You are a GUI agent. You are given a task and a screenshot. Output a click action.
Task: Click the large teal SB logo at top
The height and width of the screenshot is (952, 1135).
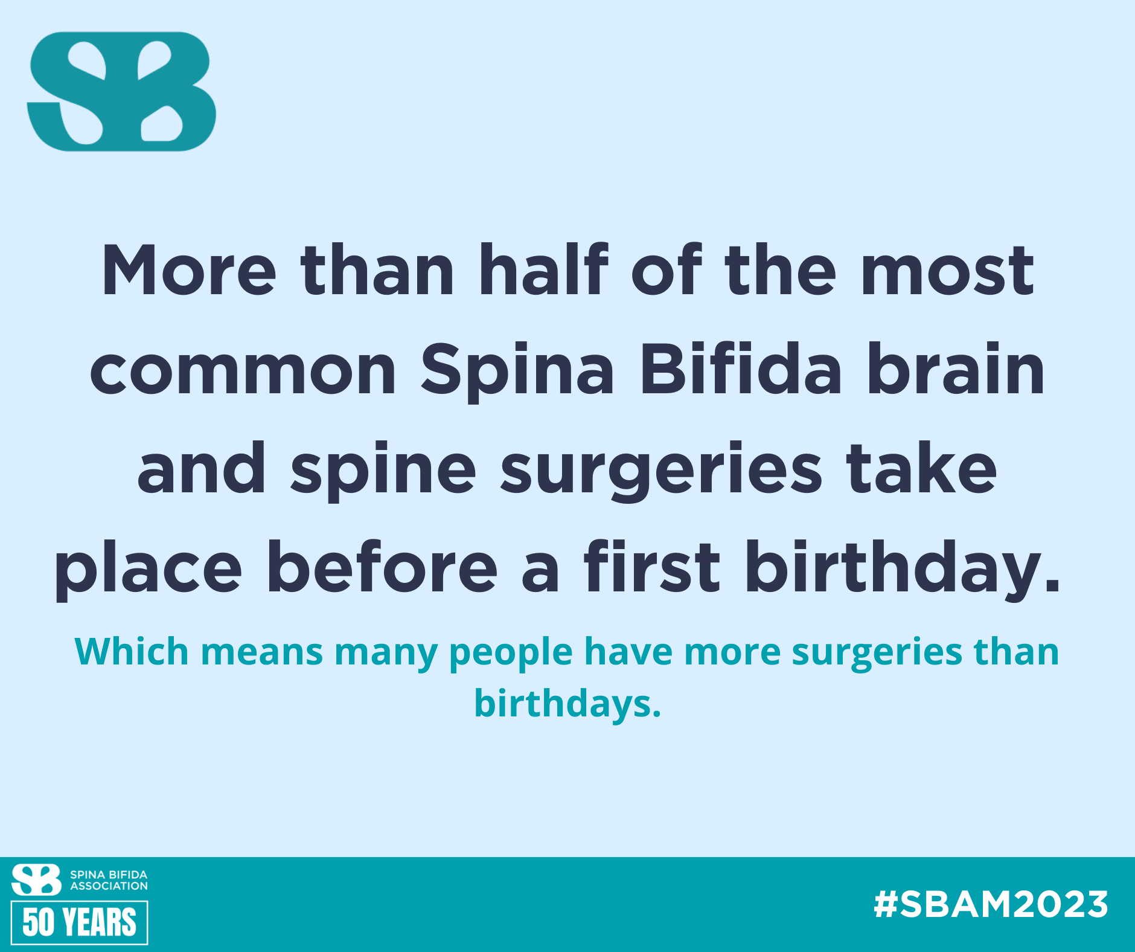coord(121,91)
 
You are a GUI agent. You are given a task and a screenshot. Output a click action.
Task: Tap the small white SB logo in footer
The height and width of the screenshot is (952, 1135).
coord(36,880)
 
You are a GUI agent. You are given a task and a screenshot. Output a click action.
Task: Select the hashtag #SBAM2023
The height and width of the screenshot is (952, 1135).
coord(991,904)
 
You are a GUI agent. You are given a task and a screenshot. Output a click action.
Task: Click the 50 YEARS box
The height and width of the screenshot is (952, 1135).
coord(80,922)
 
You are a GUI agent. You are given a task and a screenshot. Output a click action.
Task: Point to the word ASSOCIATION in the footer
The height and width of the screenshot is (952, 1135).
coord(109,886)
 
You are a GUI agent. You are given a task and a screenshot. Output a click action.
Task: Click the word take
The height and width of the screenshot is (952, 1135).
coord(921,468)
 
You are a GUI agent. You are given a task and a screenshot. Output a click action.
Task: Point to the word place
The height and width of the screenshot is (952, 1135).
coord(149,570)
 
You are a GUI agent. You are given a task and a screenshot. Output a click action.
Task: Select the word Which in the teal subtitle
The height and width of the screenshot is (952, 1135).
coord(132,652)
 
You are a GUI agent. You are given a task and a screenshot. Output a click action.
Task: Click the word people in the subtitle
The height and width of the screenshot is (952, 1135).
coord(511,654)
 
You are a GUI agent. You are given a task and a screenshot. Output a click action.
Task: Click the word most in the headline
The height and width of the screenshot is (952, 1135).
coord(948,272)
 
